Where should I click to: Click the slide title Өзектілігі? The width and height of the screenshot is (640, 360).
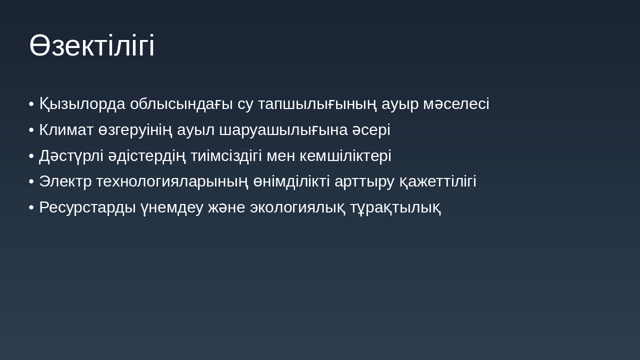pos(92,45)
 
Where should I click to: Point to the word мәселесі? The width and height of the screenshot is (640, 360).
pos(456,104)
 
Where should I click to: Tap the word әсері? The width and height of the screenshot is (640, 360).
pos(370,130)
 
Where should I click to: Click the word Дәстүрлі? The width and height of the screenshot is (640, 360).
pos(71,156)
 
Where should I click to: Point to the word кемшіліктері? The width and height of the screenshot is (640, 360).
pos(345,156)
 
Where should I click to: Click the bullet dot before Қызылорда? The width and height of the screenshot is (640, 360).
pos(31,104)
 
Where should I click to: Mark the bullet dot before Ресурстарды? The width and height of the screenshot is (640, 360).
pos(31,207)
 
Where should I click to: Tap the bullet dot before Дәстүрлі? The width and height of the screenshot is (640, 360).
pos(31,156)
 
